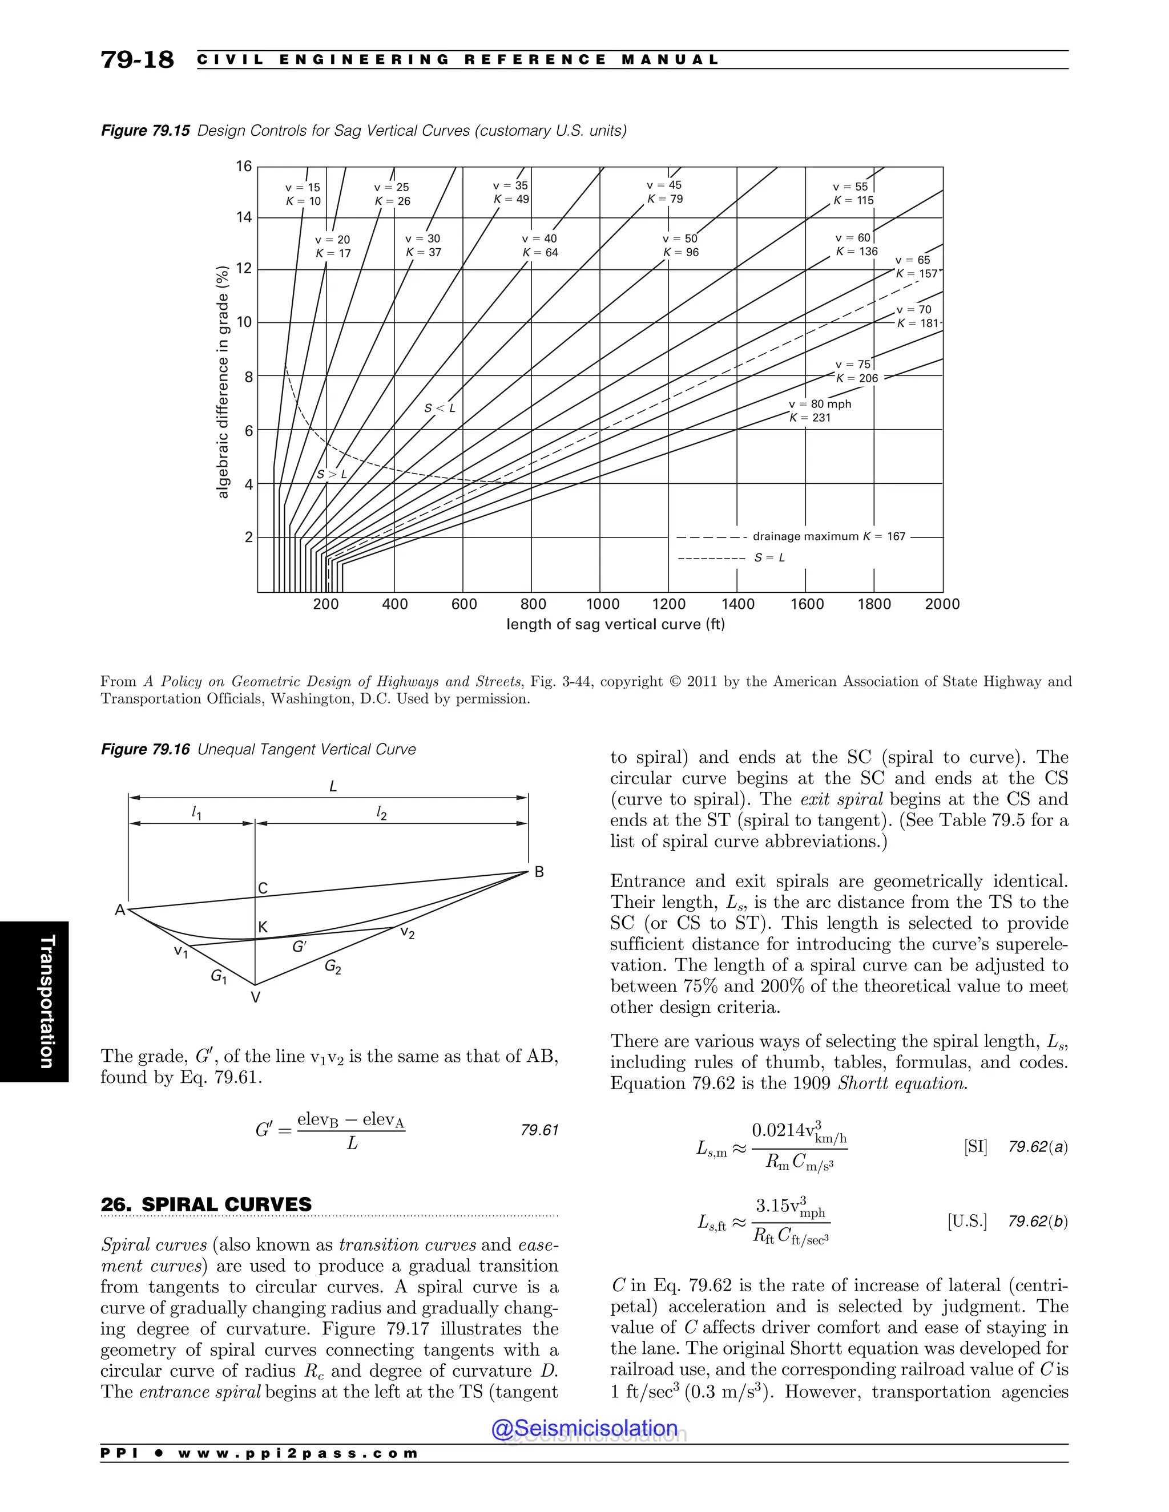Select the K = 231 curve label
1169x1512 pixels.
pos(811,418)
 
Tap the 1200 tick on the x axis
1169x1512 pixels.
pos(668,604)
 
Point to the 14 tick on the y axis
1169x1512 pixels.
pos(244,217)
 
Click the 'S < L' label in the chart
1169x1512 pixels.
pos(440,409)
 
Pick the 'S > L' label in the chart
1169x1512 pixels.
pos(331,475)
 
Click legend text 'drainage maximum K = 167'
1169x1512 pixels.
pos(828,536)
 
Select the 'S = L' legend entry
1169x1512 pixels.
pos(769,558)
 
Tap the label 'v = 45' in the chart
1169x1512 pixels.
pos(664,185)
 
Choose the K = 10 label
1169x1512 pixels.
pos(303,201)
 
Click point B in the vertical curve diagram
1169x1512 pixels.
pos(539,872)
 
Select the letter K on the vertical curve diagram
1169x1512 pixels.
pos(263,927)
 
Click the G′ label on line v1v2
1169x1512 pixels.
pos(299,947)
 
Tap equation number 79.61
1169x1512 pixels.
pos(539,1130)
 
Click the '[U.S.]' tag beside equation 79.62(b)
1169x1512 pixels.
pos(967,1221)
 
